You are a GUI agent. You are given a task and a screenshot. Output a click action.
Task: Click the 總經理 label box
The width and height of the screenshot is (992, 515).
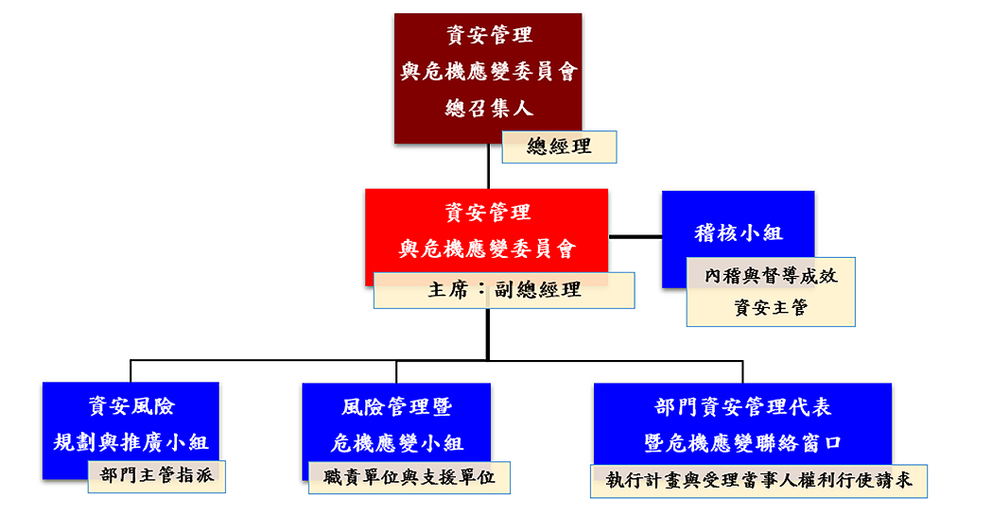[559, 146]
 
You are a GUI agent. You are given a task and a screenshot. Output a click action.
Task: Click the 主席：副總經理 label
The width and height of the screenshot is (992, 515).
[504, 290]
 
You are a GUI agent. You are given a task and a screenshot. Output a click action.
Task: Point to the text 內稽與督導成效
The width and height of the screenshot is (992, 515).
[772, 276]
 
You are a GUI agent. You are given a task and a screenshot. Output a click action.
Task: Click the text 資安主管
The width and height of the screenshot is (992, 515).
[772, 308]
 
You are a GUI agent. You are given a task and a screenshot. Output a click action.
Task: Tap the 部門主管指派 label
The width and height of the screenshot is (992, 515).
[157, 476]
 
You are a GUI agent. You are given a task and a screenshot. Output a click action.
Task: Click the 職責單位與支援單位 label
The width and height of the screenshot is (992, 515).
[409, 477]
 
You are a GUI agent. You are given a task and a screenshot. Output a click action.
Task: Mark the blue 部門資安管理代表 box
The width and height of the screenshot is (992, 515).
[742, 424]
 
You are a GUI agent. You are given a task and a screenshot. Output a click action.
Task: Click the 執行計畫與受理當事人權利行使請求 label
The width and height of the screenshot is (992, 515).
[759, 481]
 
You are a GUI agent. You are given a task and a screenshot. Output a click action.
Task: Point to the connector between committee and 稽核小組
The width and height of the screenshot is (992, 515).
[635, 237]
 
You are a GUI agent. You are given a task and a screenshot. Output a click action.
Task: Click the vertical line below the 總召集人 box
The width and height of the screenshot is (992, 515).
[488, 166]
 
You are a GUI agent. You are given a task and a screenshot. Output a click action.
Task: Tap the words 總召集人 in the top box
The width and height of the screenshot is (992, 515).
[488, 108]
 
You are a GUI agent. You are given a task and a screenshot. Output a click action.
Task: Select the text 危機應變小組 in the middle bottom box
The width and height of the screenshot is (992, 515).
[396, 443]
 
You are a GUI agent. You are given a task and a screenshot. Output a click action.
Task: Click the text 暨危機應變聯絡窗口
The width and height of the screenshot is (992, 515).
[742, 443]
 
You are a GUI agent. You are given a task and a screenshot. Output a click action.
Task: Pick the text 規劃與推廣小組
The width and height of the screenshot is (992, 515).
[131, 441]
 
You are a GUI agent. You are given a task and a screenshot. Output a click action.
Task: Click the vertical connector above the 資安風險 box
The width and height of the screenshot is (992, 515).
[131, 371]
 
